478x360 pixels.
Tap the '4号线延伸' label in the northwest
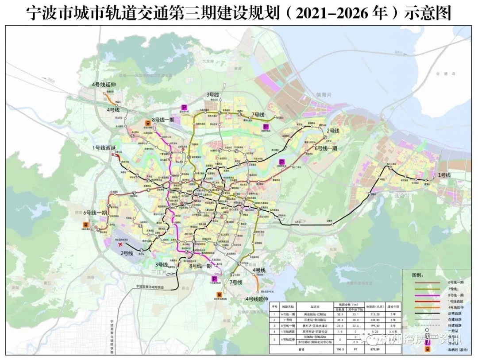tap(104, 84)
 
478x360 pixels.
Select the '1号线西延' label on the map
tap(104, 147)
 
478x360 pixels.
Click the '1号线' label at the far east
tap(444, 176)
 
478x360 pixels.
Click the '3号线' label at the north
tap(213, 95)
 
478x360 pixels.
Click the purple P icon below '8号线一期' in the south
tap(214, 279)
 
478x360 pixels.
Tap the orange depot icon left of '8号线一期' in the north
tap(147, 124)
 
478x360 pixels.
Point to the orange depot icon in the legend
tap(428, 349)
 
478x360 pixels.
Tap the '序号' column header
tap(274, 306)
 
